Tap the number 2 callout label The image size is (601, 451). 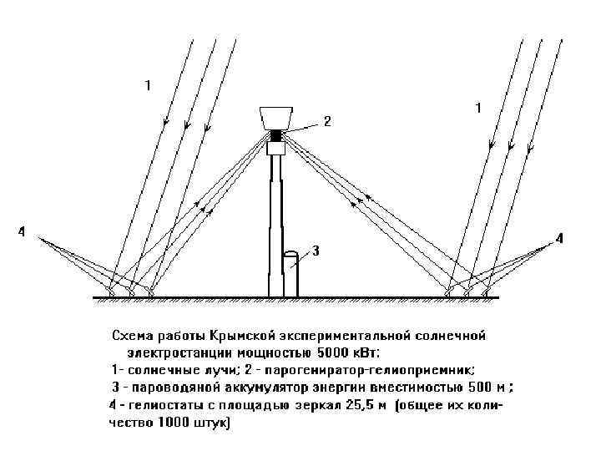tap(328, 121)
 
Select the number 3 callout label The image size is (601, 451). tap(316, 250)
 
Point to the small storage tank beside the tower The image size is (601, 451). tap(290, 271)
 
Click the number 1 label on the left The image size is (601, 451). tap(148, 84)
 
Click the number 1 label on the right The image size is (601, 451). tap(478, 108)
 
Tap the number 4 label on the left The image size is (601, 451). tap(23, 231)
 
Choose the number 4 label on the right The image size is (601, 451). tap(559, 238)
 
